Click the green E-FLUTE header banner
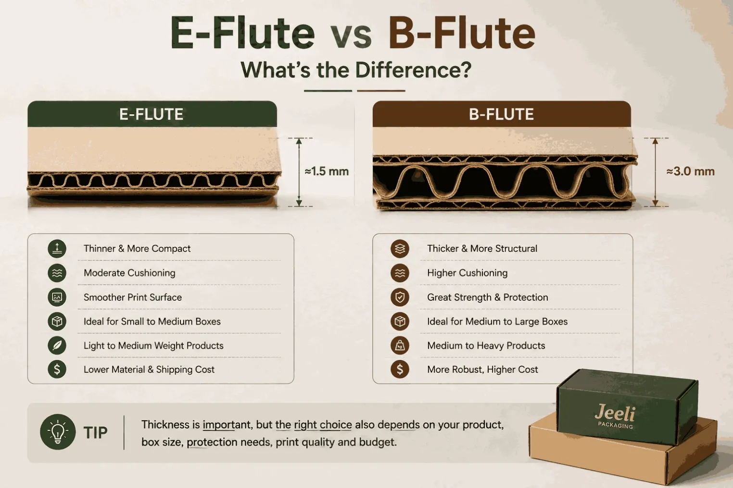point(152,114)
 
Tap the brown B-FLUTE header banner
point(502,114)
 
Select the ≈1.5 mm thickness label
point(327,171)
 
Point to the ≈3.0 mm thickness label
point(691,171)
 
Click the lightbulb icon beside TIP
point(58,432)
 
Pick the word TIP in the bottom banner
point(95,432)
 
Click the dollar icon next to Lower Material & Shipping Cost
point(57,369)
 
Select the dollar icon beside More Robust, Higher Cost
point(400,369)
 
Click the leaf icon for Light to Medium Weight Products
point(57,345)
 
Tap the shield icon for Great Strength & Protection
point(400,297)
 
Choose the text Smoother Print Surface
point(133,297)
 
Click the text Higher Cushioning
point(468,273)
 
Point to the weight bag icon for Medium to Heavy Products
point(400,345)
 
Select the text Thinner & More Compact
point(137,249)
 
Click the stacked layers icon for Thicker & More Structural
point(400,249)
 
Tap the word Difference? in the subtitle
point(413,70)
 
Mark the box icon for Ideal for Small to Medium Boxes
point(57,321)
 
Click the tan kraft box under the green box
point(622,454)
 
